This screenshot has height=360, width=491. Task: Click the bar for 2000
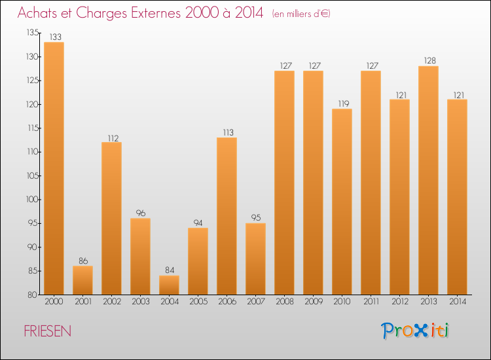tap(54, 168)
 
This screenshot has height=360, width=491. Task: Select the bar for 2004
tap(169, 285)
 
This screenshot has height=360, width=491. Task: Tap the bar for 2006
tap(227, 216)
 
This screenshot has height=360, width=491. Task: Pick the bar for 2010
tap(342, 202)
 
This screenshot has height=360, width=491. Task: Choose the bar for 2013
tap(428, 180)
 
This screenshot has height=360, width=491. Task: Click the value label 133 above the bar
tap(54, 37)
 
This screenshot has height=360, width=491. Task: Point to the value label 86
tap(82, 261)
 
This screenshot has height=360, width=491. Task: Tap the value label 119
tap(342, 104)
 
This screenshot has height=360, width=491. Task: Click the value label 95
tap(255, 219)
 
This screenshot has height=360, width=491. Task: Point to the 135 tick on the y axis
tap(32, 33)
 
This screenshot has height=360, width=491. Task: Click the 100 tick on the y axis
tap(32, 200)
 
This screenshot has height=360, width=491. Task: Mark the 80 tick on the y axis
tap(32, 295)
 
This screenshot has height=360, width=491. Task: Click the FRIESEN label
tap(48, 331)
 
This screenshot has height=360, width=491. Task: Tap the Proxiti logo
tap(415, 331)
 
